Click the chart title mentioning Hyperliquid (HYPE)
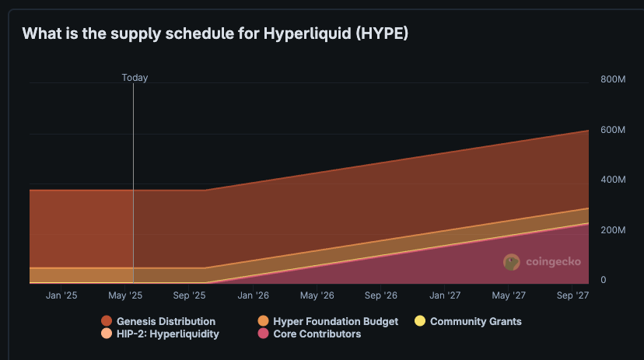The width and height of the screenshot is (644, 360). (215, 33)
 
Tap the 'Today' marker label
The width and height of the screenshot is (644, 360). (135, 78)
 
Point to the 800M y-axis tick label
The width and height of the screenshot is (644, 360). (613, 79)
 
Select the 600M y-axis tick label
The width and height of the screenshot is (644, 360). (613, 129)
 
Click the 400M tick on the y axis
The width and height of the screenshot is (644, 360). (613, 180)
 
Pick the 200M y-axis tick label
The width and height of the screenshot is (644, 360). (613, 230)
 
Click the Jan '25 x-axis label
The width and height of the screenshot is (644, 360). (61, 295)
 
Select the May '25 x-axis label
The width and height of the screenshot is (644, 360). (125, 295)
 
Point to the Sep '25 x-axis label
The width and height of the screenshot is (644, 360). (189, 295)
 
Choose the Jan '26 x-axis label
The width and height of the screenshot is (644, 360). (253, 295)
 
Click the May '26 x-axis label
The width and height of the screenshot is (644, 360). (317, 295)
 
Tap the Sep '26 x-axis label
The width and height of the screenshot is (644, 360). (381, 295)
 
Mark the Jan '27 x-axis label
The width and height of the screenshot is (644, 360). (445, 295)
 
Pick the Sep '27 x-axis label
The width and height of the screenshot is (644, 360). (572, 295)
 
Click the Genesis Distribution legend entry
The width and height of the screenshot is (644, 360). (159, 321)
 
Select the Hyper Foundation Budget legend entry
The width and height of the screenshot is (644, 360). (327, 321)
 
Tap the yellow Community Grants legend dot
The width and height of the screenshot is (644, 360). (420, 321)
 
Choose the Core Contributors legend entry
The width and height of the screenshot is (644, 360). (309, 334)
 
